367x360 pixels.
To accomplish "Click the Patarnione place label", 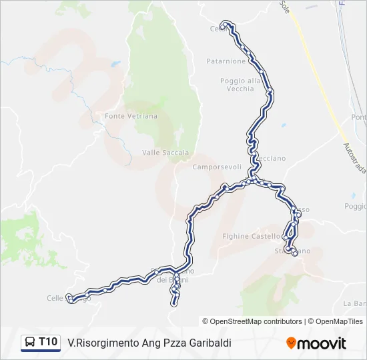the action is click(226, 61).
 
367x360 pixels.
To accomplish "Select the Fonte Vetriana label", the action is click(131, 116).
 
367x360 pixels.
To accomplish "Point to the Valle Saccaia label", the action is click(165, 153).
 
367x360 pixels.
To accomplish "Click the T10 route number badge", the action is click(47, 342).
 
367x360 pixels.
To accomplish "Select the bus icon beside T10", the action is click(30, 343).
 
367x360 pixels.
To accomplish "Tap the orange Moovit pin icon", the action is click(291, 343).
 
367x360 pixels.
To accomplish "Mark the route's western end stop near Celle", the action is click(69, 298).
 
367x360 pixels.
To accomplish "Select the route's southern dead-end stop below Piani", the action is click(175, 303).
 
